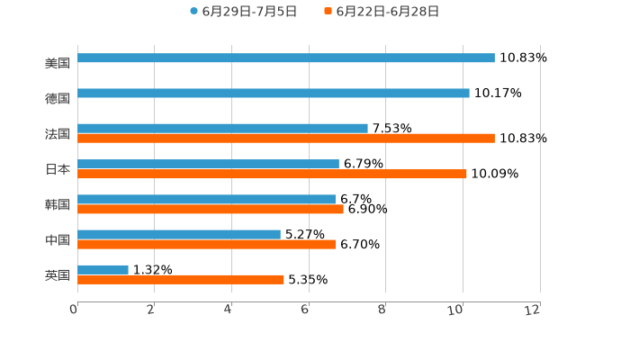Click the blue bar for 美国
[286, 58]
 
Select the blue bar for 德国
[274, 94]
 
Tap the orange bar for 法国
[286, 139]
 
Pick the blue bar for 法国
[222, 129]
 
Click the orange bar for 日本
[272, 174]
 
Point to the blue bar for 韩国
[206, 200]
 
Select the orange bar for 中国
[206, 244]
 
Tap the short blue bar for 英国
[103, 270]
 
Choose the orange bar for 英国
[181, 279]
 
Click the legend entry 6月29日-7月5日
[243, 12]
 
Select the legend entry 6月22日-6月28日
[382, 12]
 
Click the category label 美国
[58, 63]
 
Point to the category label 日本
[58, 169]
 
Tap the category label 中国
[58, 239]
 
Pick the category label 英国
[58, 274]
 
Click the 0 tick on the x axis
[74, 310]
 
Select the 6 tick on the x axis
[305, 310]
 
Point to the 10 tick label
[459, 310]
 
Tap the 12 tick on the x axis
[534, 310]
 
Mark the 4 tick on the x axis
[229, 310]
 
